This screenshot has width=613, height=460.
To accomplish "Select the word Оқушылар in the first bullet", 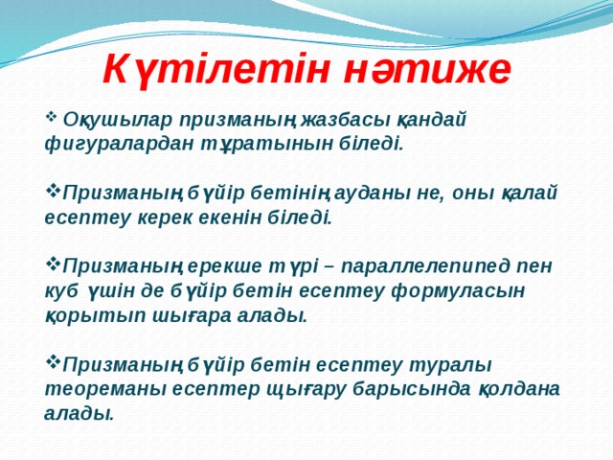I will [104, 120].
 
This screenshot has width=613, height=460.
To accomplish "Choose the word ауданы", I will [375, 192].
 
